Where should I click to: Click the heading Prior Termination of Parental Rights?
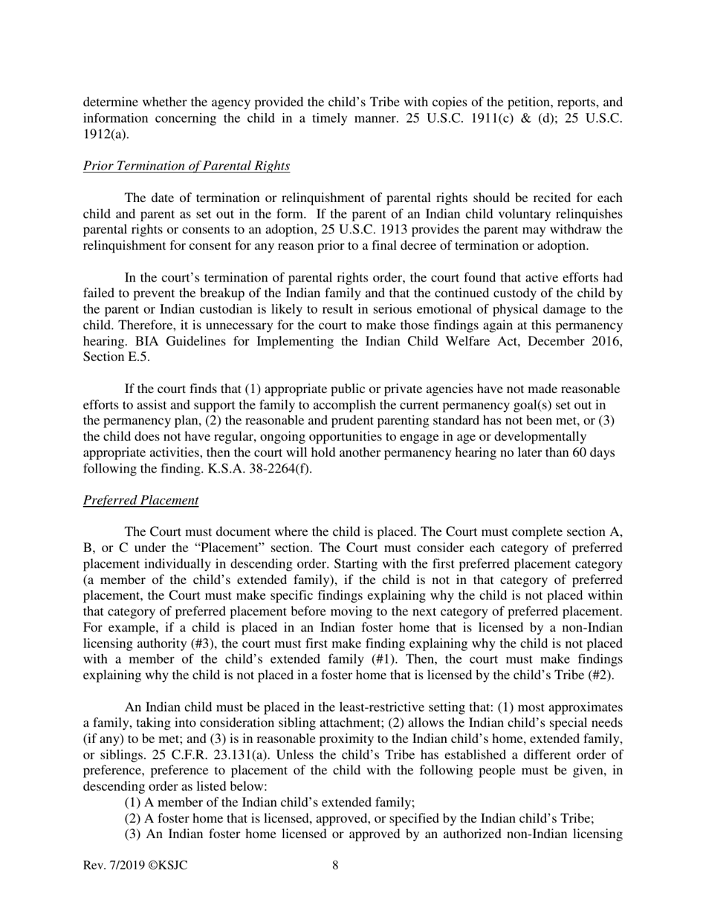pyautogui.click(x=186, y=166)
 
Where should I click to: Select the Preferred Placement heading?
pyautogui.click(x=140, y=500)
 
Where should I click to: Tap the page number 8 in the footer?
pyautogui.click(x=335, y=865)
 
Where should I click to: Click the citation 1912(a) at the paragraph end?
pyautogui.click(x=105, y=135)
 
